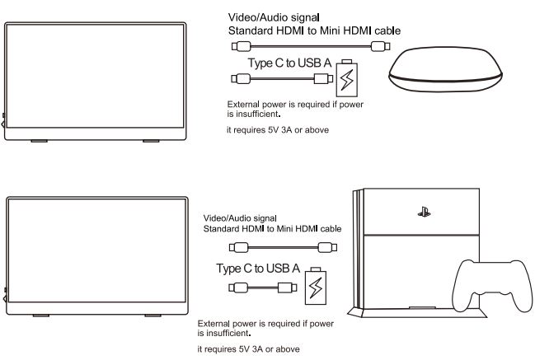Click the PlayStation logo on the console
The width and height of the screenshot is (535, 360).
pos(424,213)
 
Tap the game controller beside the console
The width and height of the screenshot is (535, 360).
pos(492,286)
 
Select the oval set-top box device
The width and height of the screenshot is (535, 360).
pos(446,69)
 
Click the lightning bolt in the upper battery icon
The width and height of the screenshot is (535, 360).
pos(347,80)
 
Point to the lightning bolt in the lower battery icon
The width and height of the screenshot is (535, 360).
pos(316,288)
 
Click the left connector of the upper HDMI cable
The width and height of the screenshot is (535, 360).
pos(242,46)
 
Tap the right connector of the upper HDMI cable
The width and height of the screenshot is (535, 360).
pos(381,46)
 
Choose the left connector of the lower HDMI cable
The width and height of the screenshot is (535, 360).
pos(239,247)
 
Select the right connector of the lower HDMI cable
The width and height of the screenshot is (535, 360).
pos(327,247)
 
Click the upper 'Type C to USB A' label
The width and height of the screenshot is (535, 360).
pos(289,63)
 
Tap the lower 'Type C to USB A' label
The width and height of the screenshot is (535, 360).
pos(258,269)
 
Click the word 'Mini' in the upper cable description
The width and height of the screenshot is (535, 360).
pos(331,30)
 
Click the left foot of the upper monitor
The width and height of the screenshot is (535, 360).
pos(40,141)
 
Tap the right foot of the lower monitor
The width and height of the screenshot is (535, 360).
pos(153,316)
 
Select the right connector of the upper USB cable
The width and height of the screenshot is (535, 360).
pos(323,79)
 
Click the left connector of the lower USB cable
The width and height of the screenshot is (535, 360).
pos(238,288)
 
